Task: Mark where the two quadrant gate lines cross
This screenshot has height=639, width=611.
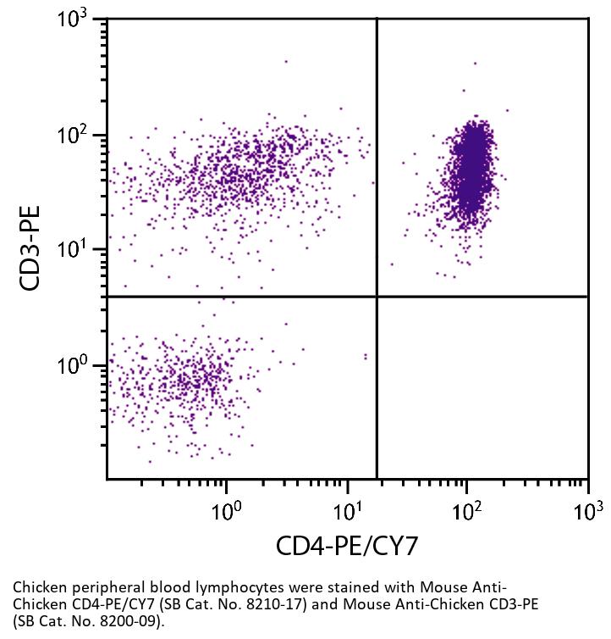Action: point(376,297)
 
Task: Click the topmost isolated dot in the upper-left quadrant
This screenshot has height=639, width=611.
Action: point(286,61)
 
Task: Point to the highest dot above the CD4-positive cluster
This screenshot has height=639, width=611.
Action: point(475,63)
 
